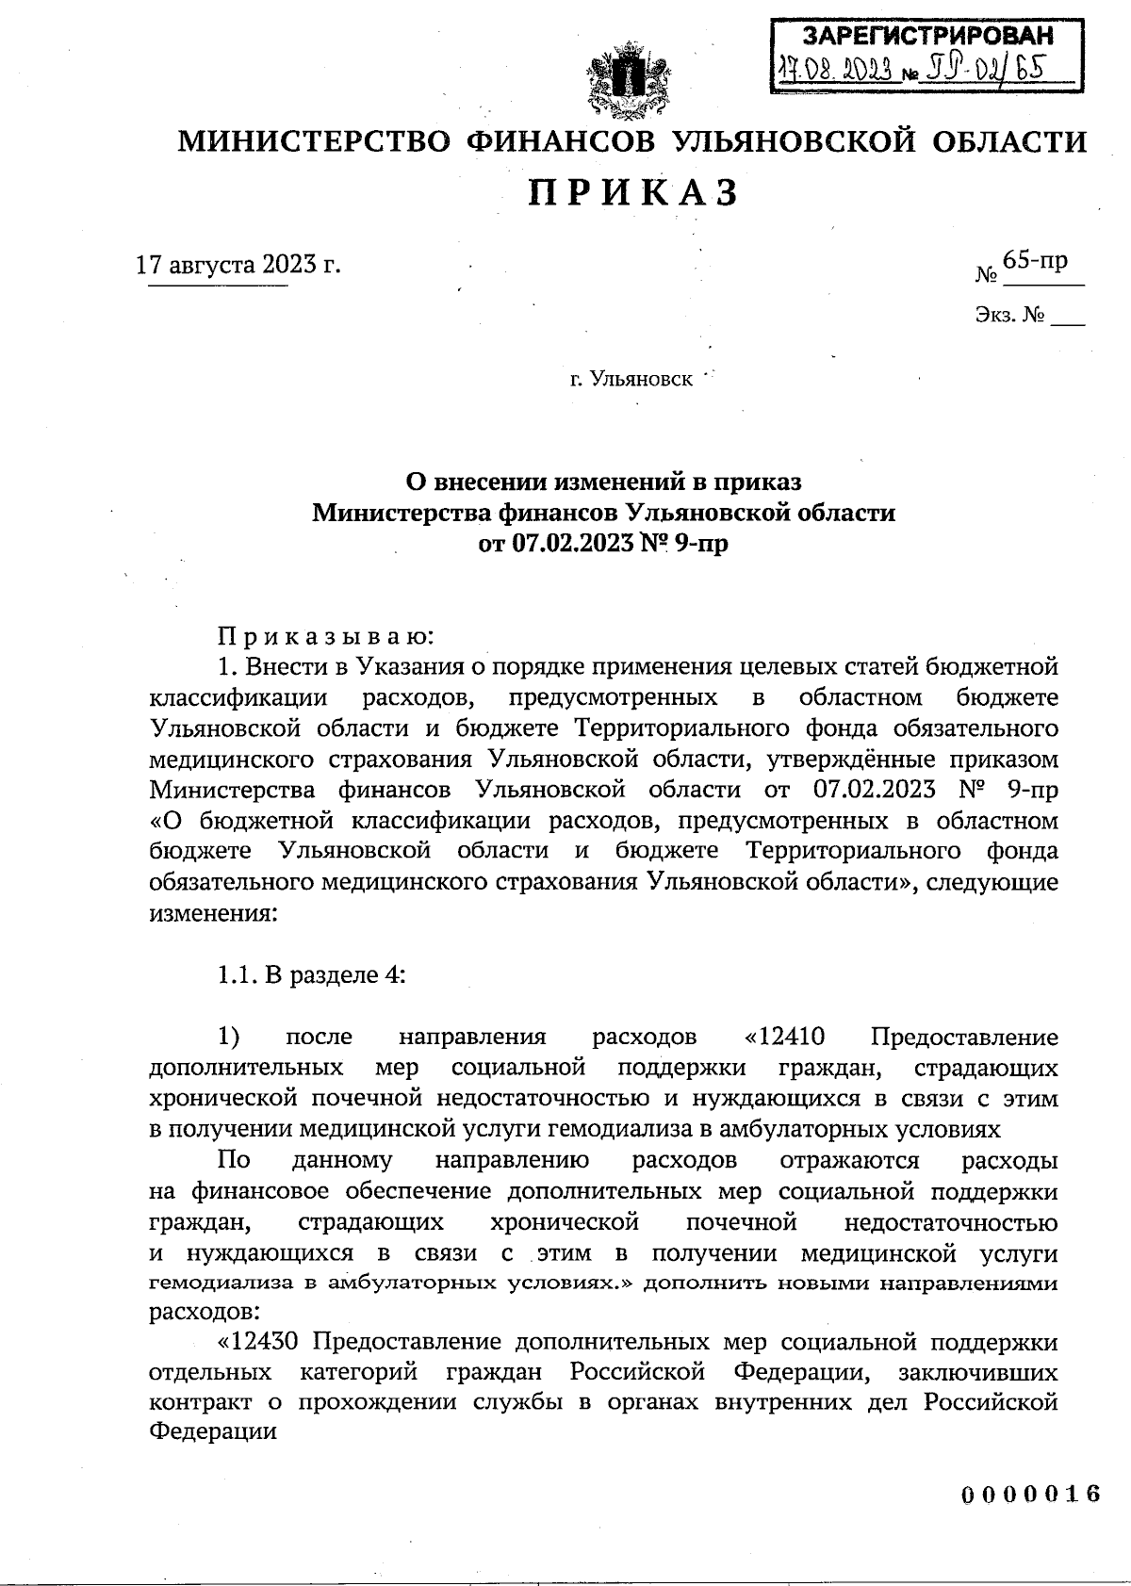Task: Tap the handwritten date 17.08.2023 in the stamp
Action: (834, 70)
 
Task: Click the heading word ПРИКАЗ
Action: (631, 193)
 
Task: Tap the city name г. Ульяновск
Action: (631, 380)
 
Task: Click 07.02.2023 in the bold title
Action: (564, 544)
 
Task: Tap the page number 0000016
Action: (1031, 1496)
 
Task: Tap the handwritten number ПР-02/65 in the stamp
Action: (986, 70)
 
